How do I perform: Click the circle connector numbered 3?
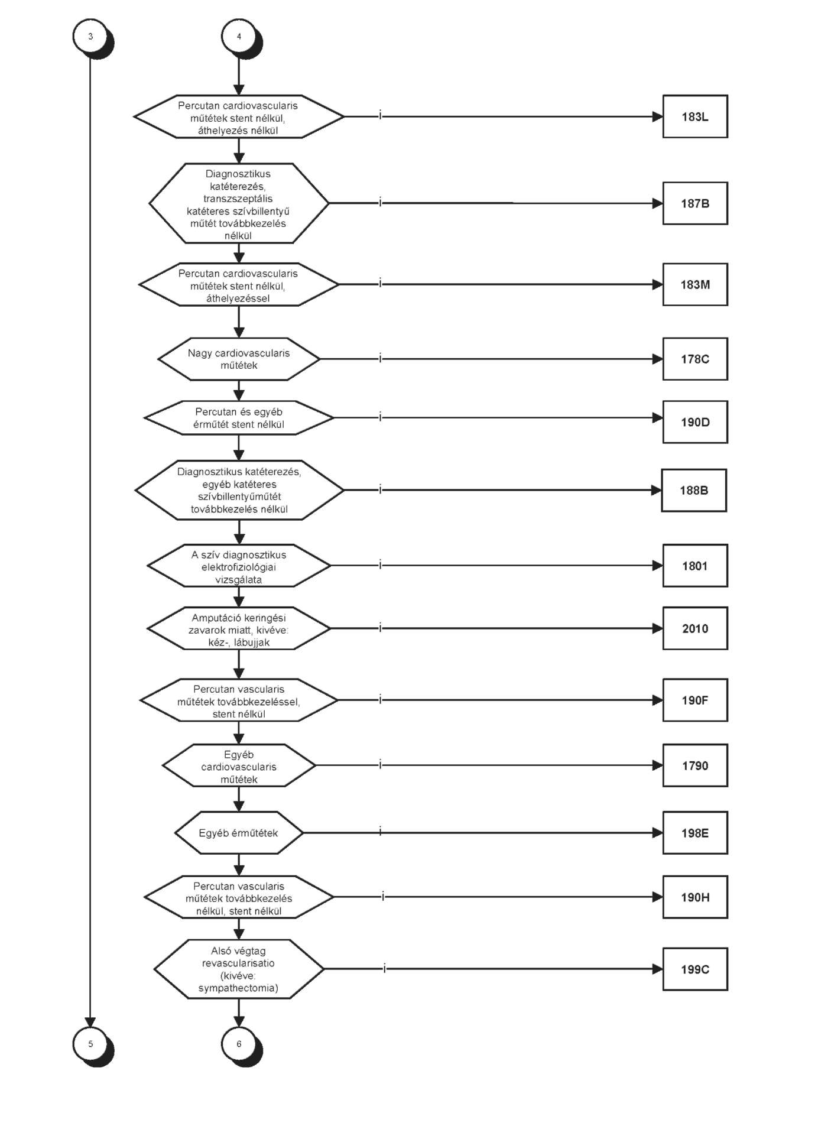(x=90, y=37)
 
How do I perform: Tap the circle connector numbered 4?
(x=239, y=37)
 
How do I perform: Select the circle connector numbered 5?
(x=90, y=1044)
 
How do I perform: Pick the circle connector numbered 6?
(x=239, y=1044)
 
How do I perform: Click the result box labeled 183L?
(x=695, y=116)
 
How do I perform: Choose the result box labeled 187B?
(x=695, y=203)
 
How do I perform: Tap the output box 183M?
(x=695, y=284)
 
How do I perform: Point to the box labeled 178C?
(x=695, y=359)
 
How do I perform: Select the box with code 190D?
(x=695, y=422)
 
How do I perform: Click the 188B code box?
(x=694, y=490)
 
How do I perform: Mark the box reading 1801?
(x=695, y=566)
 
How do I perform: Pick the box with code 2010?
(x=695, y=628)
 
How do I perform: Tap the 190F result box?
(x=695, y=700)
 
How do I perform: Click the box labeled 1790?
(x=695, y=765)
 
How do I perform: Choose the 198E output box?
(x=695, y=833)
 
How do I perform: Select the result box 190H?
(x=695, y=897)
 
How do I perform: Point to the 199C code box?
(x=695, y=969)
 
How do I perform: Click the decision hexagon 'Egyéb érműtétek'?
(x=239, y=833)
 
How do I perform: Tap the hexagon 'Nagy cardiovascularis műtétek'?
(x=239, y=359)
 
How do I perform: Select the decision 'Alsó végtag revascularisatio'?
(x=239, y=969)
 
